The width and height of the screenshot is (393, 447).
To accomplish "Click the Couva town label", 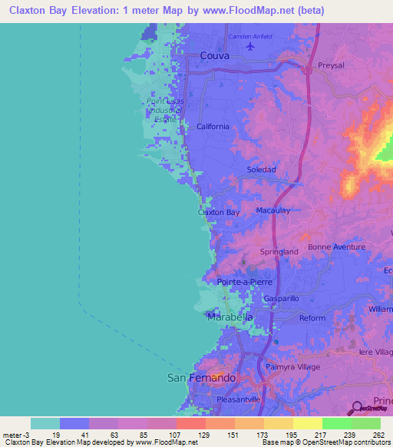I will coord(214,55).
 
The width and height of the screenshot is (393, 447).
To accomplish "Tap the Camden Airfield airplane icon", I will coord(249,48).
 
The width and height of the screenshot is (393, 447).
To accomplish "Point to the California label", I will coord(213,127).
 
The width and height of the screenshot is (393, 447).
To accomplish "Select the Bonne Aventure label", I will coord(337,247).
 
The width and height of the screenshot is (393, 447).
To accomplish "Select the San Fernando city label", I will coord(201,378).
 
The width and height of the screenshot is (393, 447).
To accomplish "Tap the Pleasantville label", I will coord(239,399).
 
